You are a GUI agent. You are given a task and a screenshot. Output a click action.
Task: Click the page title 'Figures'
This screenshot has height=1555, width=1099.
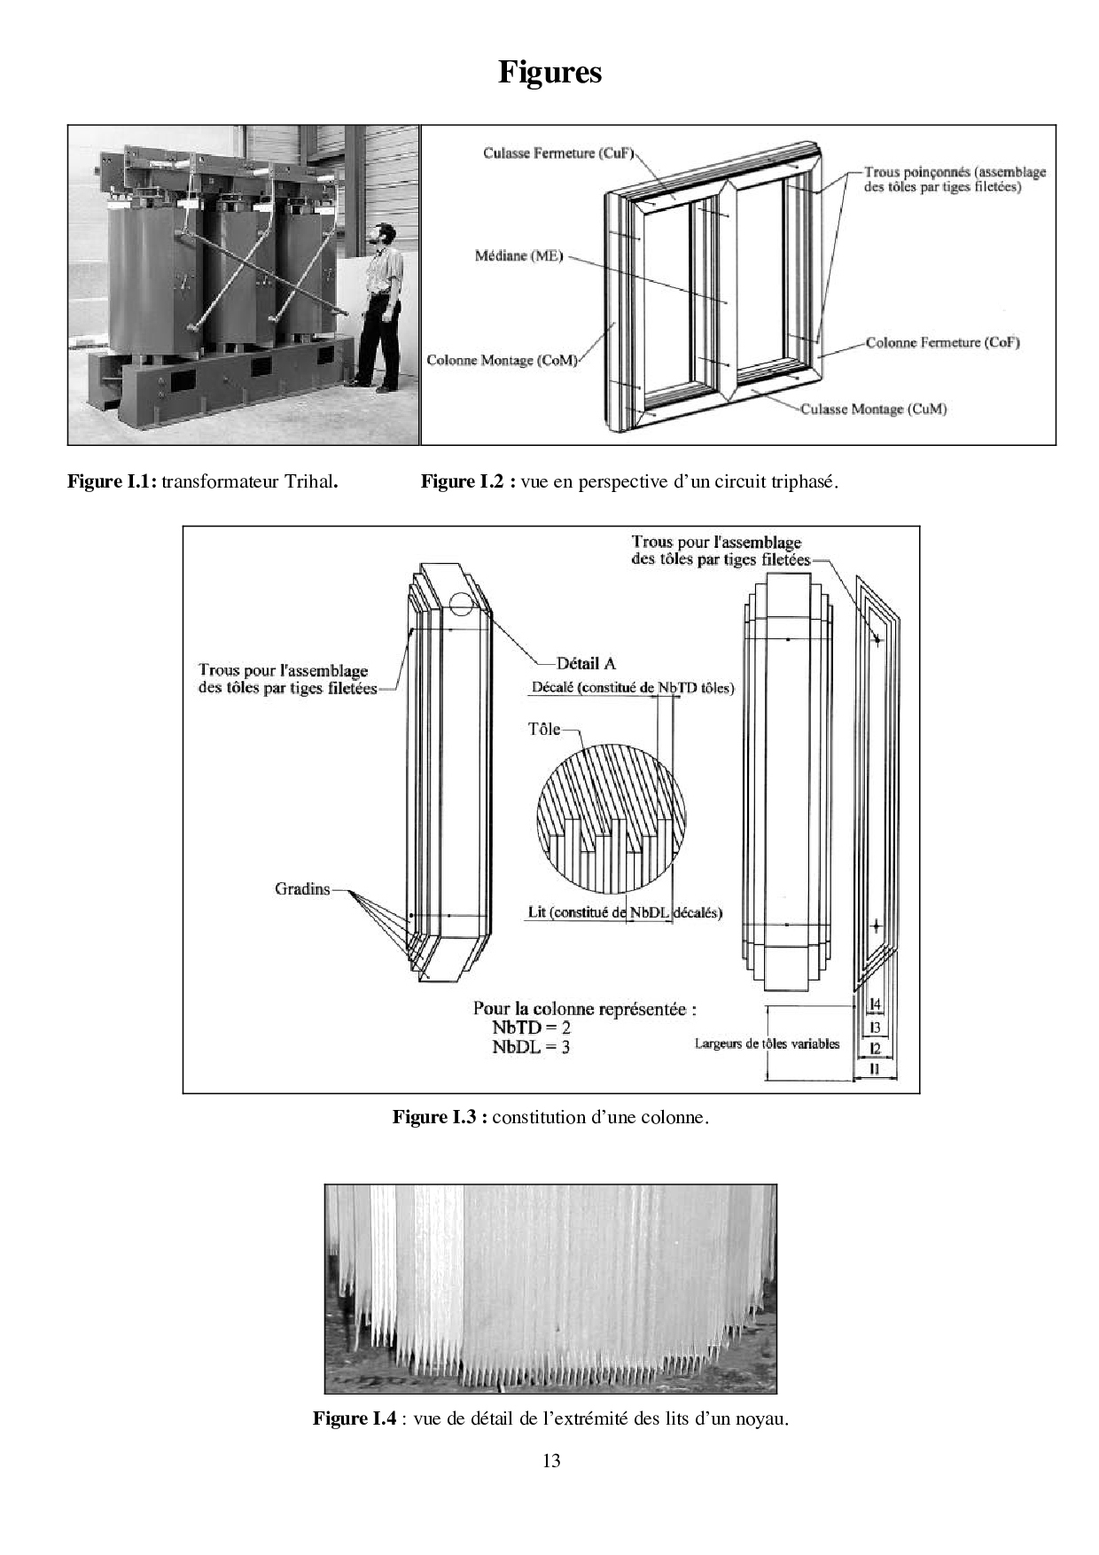[549, 72]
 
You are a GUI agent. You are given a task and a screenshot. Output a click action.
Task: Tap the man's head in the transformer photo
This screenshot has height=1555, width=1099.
[383, 234]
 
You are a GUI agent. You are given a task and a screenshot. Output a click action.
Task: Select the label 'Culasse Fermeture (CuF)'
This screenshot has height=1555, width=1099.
[559, 152]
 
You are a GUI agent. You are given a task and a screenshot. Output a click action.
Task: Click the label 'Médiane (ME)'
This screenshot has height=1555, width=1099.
[519, 256]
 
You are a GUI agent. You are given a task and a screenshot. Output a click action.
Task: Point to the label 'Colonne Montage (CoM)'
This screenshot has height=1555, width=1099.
[502, 360]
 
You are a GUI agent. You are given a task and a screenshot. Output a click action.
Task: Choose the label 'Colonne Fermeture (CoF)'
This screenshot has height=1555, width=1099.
[942, 342]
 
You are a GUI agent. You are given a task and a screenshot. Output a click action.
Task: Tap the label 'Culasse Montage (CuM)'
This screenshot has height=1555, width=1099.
[873, 409]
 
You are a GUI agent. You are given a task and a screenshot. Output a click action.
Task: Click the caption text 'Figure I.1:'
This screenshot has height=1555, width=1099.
[113, 482]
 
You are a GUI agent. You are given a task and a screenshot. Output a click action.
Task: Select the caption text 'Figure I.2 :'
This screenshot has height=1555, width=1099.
[467, 482]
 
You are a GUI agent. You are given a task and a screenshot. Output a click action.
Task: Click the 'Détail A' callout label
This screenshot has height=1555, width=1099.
[586, 663]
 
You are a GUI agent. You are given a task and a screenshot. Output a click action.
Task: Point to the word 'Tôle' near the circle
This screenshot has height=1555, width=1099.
[544, 729]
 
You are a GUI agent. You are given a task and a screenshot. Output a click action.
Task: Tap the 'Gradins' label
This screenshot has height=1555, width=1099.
[302, 888]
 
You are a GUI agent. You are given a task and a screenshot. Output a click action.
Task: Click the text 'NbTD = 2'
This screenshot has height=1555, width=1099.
[532, 1028]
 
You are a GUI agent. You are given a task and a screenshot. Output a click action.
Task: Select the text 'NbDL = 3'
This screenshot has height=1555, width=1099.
[532, 1047]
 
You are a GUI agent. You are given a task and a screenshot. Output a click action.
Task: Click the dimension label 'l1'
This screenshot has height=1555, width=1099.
[875, 1069]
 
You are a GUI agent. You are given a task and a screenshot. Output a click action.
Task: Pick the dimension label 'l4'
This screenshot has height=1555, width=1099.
[875, 1004]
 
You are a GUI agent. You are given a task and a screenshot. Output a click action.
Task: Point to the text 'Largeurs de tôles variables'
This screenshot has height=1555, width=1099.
[767, 1043]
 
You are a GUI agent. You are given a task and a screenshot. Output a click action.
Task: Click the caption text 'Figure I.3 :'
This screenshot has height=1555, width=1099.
[440, 1117]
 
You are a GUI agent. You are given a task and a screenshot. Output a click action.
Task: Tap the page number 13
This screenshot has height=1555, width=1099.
[551, 1461]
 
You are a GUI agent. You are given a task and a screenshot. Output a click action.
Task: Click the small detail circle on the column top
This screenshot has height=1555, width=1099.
[462, 606]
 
